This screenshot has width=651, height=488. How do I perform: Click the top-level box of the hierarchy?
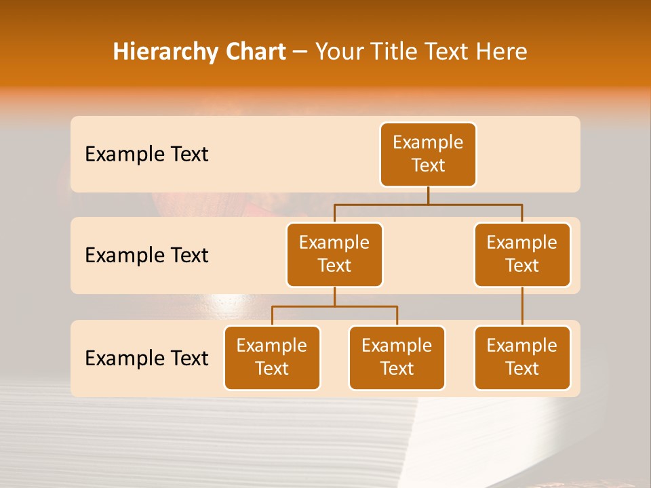tap(428, 155)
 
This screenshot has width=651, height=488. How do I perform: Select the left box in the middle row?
tap(334, 255)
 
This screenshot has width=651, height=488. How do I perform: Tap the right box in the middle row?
tap(522, 255)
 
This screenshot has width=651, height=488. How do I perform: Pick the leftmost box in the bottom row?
tap(272, 358)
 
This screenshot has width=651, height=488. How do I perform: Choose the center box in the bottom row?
tap(397, 358)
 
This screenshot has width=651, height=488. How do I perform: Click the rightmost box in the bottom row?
tap(522, 358)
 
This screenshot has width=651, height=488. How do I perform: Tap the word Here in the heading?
tap(501, 52)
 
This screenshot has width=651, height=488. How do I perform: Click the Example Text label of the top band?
tap(146, 155)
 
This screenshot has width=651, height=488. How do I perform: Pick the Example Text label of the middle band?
tap(146, 256)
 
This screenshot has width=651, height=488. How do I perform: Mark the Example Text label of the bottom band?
tap(146, 358)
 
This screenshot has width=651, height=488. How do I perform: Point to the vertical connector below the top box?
tap(428, 195)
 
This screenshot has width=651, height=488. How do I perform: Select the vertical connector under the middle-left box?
tap(334, 297)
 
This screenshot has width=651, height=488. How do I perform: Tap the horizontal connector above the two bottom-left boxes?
tap(334, 306)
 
